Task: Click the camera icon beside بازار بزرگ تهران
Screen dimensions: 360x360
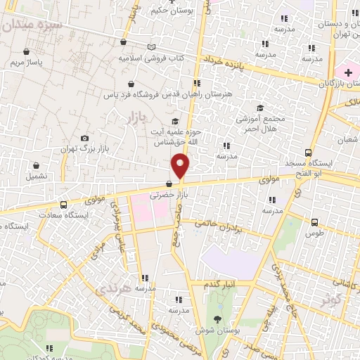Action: click(x=85, y=139)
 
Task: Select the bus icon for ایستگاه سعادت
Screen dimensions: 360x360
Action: click(x=64, y=205)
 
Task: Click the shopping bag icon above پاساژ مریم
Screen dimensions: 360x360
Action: click(x=27, y=51)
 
